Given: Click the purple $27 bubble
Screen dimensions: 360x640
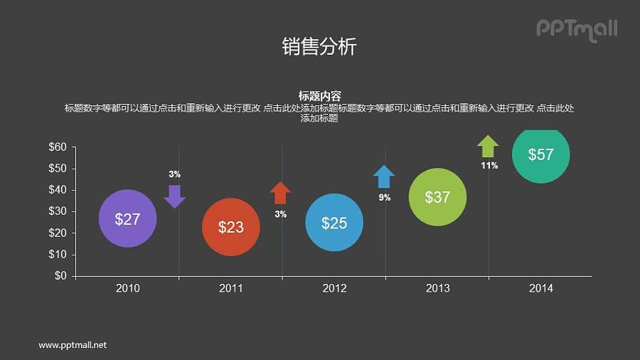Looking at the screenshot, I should [127, 218].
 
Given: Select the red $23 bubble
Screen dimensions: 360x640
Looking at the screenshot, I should [230, 227].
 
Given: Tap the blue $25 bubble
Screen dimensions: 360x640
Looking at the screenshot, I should [334, 223].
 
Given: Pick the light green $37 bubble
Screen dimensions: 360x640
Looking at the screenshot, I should [437, 197].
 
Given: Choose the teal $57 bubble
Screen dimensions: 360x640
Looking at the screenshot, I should [541, 154].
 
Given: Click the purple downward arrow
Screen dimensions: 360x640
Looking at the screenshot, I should [174, 196].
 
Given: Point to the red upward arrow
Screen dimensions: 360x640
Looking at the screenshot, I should [280, 193].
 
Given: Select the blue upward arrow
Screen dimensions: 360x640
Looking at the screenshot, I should [384, 176].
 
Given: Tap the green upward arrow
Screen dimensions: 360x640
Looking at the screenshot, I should [488, 146].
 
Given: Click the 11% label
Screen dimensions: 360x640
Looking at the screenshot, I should [489, 166].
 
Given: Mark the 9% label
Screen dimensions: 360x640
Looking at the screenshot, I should [385, 198].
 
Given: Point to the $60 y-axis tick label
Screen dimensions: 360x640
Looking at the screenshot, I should [58, 147].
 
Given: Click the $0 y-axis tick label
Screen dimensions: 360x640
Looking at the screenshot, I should [60, 276].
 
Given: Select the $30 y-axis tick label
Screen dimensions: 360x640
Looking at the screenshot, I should [58, 211].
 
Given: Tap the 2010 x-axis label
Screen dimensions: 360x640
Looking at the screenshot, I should [127, 288].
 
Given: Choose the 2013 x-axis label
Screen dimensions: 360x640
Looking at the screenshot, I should [437, 288].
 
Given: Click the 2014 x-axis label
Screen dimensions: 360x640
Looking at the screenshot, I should [541, 288].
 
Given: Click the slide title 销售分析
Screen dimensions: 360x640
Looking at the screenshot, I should [319, 47].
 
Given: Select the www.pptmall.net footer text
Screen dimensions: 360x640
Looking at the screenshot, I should [73, 345].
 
